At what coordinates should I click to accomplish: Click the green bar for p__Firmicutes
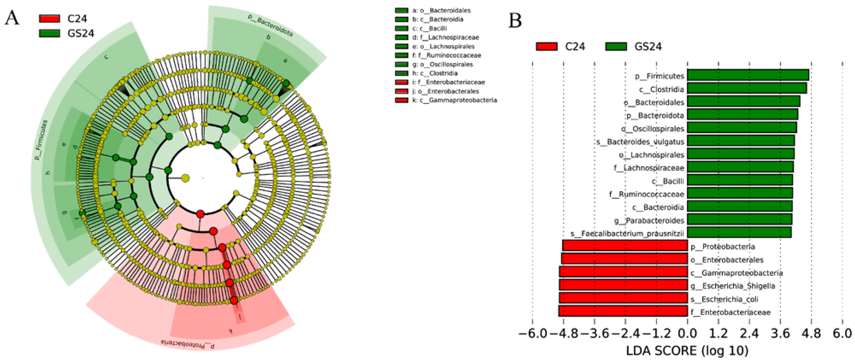click(747, 75)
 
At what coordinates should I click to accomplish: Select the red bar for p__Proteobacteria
click(625, 246)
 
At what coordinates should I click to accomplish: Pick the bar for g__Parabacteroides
click(739, 219)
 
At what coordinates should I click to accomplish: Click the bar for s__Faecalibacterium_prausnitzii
click(739, 233)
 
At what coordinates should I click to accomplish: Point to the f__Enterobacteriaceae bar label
click(730, 312)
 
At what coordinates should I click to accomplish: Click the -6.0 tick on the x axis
click(532, 333)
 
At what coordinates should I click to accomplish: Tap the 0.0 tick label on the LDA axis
click(687, 333)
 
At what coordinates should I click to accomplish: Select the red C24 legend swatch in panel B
click(547, 46)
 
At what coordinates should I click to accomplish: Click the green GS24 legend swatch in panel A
click(49, 33)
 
